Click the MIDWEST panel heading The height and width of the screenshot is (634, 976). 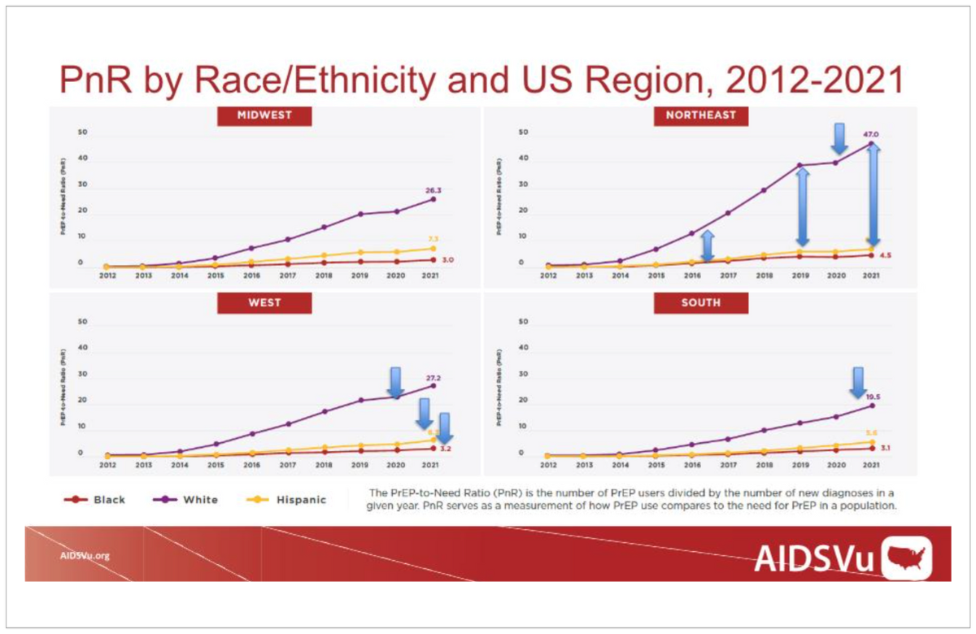[264, 115]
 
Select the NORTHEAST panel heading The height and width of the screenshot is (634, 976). [701, 115]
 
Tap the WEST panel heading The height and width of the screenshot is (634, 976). [264, 302]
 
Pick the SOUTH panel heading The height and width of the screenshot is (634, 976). [701, 302]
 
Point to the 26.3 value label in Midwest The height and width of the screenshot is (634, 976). [433, 190]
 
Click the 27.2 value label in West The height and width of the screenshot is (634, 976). [433, 378]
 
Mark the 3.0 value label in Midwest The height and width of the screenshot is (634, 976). [448, 259]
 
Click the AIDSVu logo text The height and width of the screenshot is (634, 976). [808, 558]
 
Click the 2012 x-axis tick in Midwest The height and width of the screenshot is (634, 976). [107, 276]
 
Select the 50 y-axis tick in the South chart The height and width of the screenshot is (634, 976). [523, 322]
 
